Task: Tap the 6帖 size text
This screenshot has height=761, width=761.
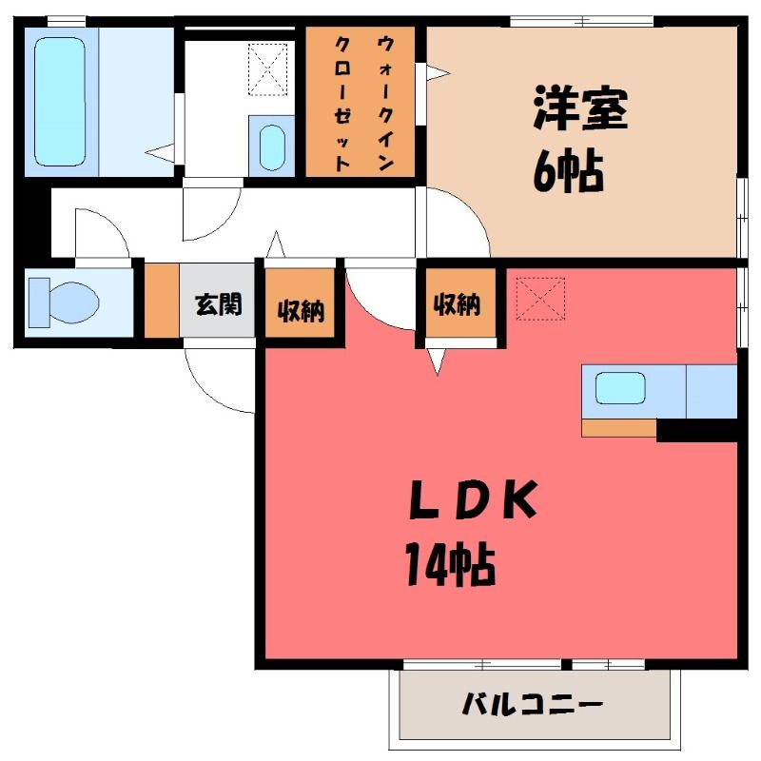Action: point(568,172)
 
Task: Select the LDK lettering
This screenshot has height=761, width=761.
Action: point(473,499)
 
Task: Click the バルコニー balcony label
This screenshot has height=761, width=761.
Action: point(533,704)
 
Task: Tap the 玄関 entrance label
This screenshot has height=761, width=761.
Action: point(219,304)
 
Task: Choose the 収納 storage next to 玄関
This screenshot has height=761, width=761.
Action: point(301,310)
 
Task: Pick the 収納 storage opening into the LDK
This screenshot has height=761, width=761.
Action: point(457,304)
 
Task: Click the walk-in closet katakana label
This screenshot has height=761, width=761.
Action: point(363,104)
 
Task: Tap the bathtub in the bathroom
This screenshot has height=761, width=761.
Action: point(61,102)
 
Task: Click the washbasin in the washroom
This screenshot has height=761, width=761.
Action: point(272,147)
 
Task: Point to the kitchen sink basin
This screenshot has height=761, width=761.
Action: point(620,388)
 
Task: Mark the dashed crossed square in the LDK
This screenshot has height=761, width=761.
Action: point(540,299)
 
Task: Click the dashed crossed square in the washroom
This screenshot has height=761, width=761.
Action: point(267,69)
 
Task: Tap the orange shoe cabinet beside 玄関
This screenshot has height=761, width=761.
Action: point(162,300)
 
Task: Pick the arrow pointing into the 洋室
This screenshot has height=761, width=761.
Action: point(439,74)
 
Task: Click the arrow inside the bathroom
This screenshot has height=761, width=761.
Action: point(160,151)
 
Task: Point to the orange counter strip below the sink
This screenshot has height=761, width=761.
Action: point(619,428)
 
